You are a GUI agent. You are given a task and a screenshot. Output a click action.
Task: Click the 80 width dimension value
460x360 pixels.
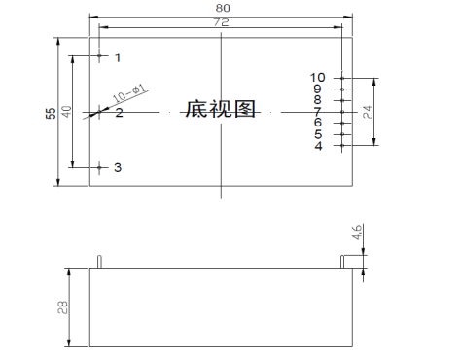pos(223,8)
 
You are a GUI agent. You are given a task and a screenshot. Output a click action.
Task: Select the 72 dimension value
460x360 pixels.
pos(222,22)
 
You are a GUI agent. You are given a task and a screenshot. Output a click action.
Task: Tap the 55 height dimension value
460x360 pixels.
pos(51,113)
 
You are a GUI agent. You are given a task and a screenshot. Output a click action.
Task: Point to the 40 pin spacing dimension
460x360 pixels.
pos(66,112)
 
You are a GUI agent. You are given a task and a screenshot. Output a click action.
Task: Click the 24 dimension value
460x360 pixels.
pos(368,112)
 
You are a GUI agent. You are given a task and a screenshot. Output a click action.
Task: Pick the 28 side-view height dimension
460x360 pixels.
pos(63,307)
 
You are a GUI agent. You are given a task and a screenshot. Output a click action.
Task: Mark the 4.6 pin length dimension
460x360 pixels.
pos(357,232)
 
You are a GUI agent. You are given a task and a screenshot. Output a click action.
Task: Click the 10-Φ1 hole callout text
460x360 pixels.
pos(129,93)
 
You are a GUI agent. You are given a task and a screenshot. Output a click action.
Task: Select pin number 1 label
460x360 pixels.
pos(118,57)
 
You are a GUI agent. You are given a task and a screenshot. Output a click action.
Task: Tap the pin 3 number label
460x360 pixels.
pos(118,167)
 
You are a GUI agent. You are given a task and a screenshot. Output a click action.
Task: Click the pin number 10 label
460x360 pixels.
pos(317,78)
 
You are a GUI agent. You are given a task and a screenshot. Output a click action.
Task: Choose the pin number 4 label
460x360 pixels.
pos(319,146)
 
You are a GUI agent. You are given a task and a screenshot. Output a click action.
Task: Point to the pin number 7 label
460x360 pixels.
pos(317,112)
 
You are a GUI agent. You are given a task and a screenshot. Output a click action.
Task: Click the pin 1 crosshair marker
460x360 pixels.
pos(99,56)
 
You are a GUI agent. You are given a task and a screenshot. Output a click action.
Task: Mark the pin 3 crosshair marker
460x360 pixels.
pos(99,167)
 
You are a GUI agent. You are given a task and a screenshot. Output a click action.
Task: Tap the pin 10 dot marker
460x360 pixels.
pos(342,78)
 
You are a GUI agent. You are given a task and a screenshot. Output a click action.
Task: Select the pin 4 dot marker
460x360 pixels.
pos(342,145)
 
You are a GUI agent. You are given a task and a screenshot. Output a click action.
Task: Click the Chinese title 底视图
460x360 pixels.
pos(221,109)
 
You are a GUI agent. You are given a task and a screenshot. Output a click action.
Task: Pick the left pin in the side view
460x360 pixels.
pos(99,262)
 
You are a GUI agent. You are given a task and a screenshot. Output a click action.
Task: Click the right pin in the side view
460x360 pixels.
pos(342,262)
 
